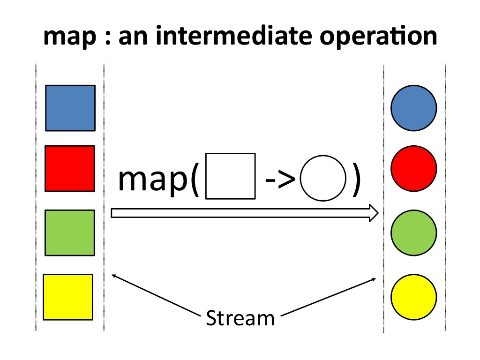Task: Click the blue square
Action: [70, 108]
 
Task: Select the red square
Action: [70, 168]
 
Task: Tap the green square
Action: [70, 232]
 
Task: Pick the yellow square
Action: [68, 297]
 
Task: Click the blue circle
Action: [414, 108]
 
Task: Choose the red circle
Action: [414, 168]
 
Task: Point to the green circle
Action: [414, 233]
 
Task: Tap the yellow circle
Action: [414, 297]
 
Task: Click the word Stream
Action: [240, 318]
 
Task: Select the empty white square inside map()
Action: [231, 176]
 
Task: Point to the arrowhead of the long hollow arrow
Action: [374, 213]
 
